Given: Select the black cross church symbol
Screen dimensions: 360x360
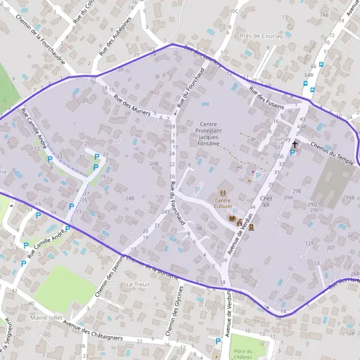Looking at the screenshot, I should (295, 145).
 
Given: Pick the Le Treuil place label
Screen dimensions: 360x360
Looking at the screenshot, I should (137, 284).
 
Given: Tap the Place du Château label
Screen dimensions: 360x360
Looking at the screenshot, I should (242, 354).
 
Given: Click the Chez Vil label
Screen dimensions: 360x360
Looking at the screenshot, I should (268, 201).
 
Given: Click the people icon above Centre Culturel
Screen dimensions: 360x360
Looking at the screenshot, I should (223, 192).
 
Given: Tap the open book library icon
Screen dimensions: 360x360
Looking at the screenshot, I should (233, 219).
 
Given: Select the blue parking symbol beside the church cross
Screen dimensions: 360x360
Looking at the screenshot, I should (292, 153).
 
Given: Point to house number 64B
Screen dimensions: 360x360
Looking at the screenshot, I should (309, 75).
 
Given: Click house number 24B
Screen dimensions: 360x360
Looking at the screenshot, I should (130, 197).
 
